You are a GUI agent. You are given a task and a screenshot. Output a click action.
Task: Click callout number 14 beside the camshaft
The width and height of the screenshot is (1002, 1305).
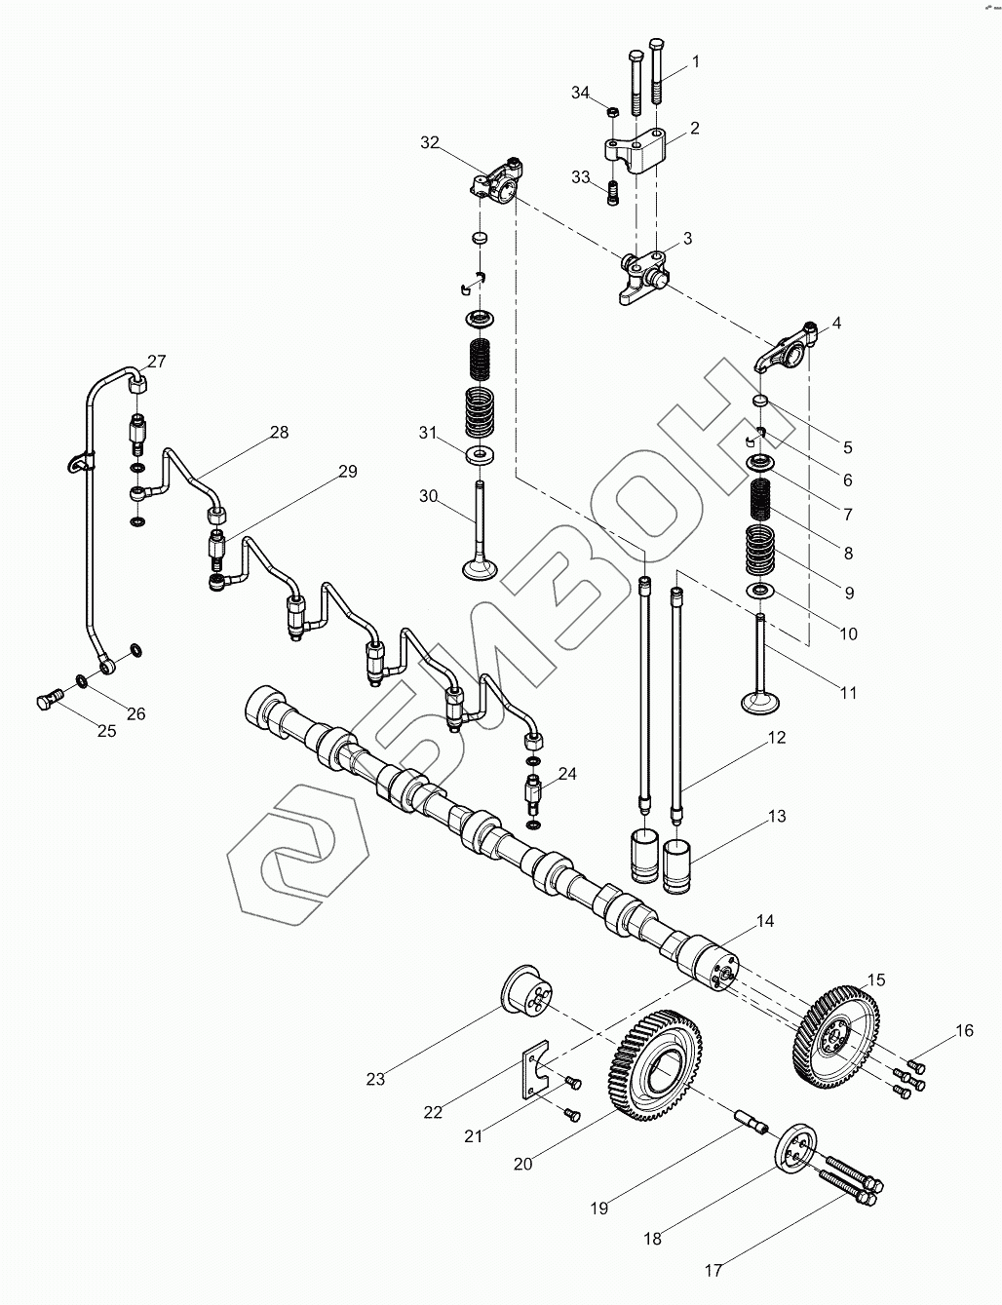tap(765, 920)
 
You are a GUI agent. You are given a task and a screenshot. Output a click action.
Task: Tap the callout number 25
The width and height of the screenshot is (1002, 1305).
tap(106, 730)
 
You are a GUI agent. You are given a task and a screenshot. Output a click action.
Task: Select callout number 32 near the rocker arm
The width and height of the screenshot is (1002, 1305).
tap(430, 142)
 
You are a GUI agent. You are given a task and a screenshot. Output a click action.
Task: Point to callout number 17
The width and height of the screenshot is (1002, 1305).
tap(713, 1269)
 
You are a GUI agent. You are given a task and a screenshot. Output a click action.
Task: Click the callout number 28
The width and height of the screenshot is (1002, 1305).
tap(280, 433)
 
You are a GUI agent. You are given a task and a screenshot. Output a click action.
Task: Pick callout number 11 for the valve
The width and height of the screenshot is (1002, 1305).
tap(849, 693)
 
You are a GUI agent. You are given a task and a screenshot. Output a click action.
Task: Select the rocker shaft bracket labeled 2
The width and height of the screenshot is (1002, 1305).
tap(636, 152)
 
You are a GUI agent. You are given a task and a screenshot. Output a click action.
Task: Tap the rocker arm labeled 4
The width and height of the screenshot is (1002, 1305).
tap(786, 349)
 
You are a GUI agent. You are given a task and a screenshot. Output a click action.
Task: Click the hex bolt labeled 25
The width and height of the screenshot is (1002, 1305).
tap(49, 698)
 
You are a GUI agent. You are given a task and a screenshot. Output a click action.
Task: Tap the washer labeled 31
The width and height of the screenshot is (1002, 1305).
tap(479, 454)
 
